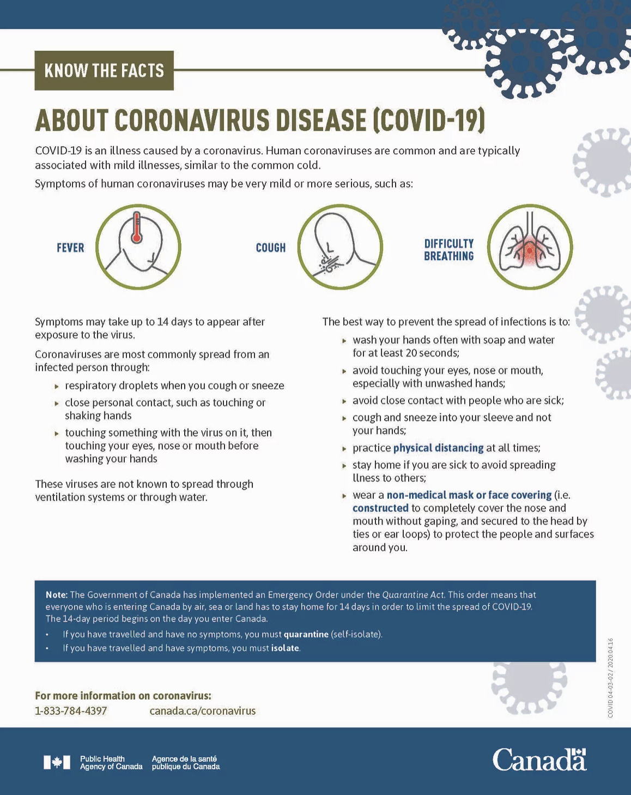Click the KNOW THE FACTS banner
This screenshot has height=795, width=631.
[104, 70]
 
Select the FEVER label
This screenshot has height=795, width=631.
[70, 248]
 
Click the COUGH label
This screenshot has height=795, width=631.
[271, 248]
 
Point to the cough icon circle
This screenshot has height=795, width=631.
[340, 247]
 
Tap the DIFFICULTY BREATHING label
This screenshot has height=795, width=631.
[449, 250]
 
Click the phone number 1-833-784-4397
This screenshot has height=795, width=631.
[71, 711]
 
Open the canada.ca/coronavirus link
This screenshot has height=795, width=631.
[202, 711]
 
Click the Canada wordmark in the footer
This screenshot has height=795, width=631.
[539, 760]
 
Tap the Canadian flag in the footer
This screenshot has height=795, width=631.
[57, 762]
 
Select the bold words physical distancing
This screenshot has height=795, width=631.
[438, 448]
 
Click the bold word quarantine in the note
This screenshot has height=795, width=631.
[306, 635]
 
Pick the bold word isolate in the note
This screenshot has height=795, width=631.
[285, 648]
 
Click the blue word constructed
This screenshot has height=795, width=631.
[380, 508]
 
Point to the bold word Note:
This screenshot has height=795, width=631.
[56, 595]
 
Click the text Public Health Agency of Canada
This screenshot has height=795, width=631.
[111, 763]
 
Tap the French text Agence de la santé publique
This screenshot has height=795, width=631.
[185, 763]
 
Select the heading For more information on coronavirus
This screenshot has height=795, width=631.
[123, 696]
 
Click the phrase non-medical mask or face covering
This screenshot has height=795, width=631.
[469, 495]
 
